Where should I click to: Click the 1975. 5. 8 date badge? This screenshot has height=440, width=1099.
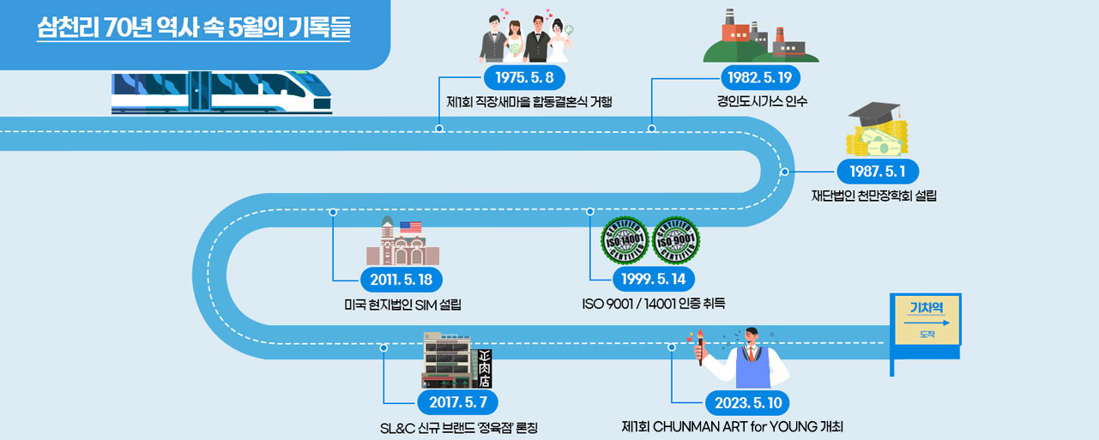click(x=525, y=77)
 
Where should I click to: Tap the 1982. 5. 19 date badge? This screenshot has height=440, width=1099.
click(x=759, y=77)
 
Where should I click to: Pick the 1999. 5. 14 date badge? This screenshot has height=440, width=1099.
click(x=653, y=279)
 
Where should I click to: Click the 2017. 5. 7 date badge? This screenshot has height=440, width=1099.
click(x=456, y=401)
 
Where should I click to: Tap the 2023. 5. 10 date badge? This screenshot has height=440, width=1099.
click(x=746, y=401)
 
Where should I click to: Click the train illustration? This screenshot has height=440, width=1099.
click(x=220, y=93)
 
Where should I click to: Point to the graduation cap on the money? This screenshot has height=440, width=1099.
click(x=874, y=115)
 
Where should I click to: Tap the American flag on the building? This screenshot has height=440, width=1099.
click(x=411, y=227)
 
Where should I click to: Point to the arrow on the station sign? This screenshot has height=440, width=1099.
click(x=927, y=322)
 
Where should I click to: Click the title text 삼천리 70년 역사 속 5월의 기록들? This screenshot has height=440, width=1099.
click(x=194, y=27)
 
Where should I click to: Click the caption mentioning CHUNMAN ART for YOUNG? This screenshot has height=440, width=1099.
click(x=738, y=426)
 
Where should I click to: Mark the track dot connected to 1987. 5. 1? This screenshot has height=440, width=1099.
click(x=784, y=172)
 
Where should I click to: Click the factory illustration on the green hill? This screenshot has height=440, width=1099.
click(x=759, y=38)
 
